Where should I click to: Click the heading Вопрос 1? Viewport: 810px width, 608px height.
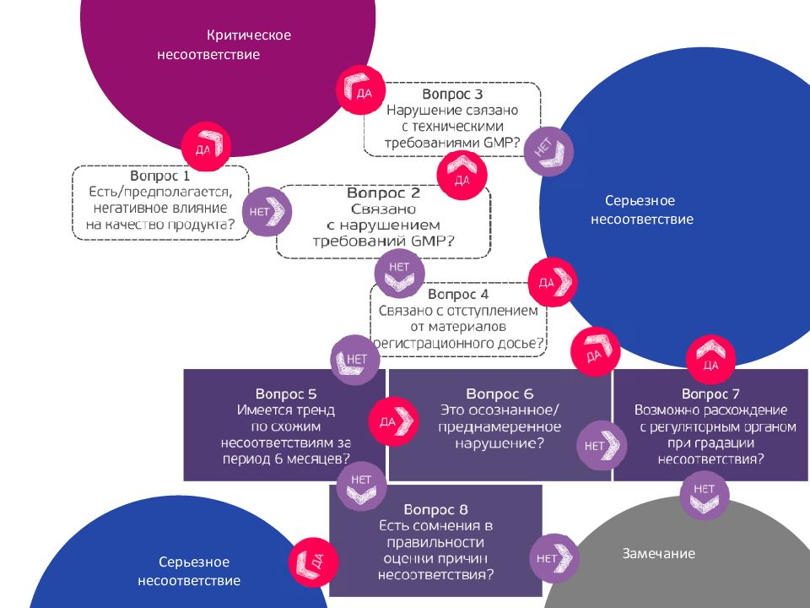pos(163,176)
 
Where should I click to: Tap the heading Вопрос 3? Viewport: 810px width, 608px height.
pos(452,95)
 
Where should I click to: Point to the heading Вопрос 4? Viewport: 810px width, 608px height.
pos(458,294)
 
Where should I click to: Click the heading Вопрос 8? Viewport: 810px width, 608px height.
pos(435,509)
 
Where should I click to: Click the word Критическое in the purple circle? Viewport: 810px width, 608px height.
pos(249,35)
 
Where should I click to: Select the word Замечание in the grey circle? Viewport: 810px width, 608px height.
pos(659,554)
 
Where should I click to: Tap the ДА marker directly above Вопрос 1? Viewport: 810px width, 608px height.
pos(206,147)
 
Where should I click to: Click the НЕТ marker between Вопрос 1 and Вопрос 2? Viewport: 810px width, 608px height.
pos(267,211)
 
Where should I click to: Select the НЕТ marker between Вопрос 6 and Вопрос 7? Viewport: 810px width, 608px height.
pos(600,444)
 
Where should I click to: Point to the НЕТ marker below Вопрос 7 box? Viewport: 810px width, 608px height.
pos(704,495)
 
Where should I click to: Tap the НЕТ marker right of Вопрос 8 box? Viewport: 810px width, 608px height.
pos(553,557)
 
